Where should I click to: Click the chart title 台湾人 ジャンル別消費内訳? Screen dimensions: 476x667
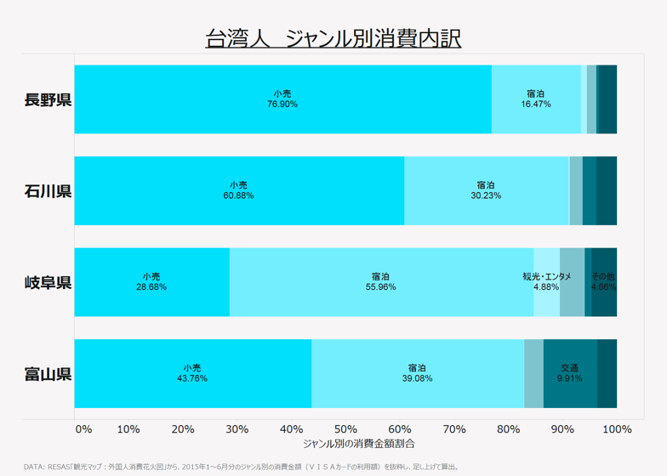pos(333,39)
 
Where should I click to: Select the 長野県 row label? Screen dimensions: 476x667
pos(48,99)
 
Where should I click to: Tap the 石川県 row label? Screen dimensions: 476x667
pos(48,190)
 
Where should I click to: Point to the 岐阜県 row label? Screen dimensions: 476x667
pos(48,282)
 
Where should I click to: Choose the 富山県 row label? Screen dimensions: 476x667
pos(48,373)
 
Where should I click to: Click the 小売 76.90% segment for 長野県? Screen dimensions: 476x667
pos(282,99)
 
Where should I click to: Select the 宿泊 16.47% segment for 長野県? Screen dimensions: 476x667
pos(536,99)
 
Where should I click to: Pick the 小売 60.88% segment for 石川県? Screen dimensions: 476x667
pos(239,190)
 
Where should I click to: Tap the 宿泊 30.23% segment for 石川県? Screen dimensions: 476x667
pos(486,190)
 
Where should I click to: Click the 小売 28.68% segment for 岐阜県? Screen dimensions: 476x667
pos(151,282)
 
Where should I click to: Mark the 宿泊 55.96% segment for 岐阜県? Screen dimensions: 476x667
pos(380,282)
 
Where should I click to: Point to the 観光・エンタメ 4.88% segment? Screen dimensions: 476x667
pos(546,282)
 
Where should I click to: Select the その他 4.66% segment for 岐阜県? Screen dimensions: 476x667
pos(604,282)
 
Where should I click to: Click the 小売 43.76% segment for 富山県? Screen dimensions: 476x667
pos(192,373)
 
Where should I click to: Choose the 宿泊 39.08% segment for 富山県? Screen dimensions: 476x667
pos(417,373)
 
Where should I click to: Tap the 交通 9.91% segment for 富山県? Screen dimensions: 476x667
pos(570,373)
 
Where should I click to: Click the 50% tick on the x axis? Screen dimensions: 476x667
pos(345,428)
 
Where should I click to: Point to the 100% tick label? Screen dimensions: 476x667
pos(616,428)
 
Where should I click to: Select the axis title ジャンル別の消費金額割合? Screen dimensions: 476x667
pos(345,444)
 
